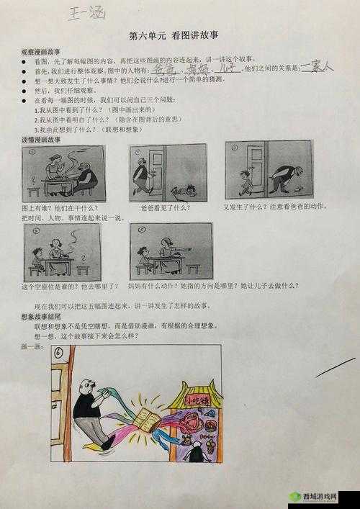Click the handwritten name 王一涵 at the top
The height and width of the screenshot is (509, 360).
(87, 12)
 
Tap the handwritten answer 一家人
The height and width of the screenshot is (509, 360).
(317, 66)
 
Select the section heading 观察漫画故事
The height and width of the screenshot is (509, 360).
(40, 53)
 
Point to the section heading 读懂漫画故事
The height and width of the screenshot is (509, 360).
(40, 139)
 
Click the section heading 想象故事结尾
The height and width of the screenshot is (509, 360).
(40, 316)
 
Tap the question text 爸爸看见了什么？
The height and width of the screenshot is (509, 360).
(165, 207)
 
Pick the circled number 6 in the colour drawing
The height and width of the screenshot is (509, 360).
(60, 351)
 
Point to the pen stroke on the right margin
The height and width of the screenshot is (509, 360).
(335, 367)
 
